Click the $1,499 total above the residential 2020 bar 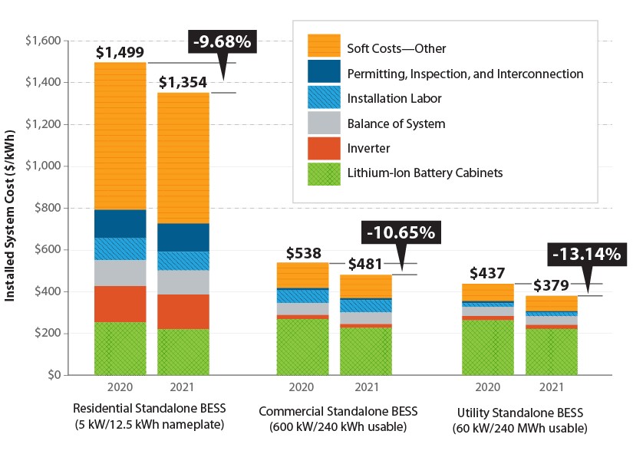click(x=120, y=52)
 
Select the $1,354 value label click(x=183, y=82)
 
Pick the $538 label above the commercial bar click(x=303, y=252)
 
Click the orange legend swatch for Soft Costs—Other click(x=324, y=48)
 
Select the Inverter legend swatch click(x=324, y=147)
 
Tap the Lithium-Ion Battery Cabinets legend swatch click(x=324, y=173)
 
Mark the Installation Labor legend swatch click(x=324, y=98)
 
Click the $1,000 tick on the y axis click(x=45, y=166)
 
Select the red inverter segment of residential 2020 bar click(x=120, y=304)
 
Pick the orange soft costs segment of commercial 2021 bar click(x=367, y=286)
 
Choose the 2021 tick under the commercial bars click(x=367, y=387)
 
